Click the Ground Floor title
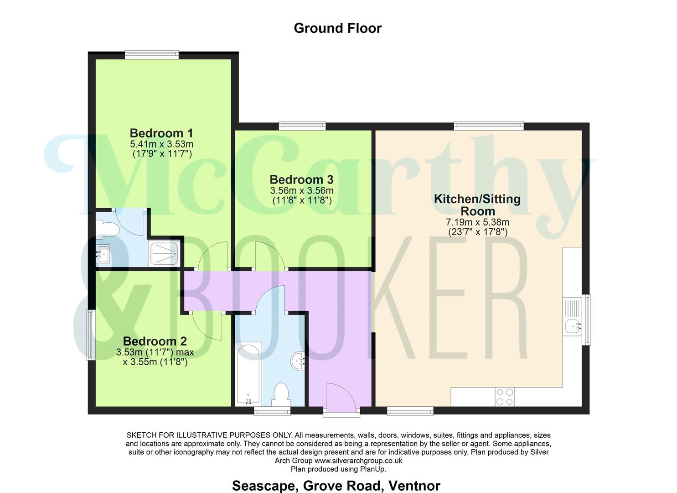(x=337, y=28)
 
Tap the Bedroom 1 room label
(x=161, y=133)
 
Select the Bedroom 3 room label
(x=301, y=179)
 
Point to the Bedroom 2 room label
(x=155, y=341)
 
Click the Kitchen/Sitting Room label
(x=477, y=205)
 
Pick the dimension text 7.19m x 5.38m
(x=477, y=222)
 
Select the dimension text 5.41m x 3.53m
(x=161, y=144)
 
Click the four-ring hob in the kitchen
(x=504, y=397)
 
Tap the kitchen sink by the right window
(x=572, y=326)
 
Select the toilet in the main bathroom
(x=279, y=394)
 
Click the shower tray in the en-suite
(x=164, y=254)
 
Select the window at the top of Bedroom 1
(x=152, y=55)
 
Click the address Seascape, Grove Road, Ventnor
(x=336, y=486)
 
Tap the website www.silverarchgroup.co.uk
(x=358, y=461)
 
